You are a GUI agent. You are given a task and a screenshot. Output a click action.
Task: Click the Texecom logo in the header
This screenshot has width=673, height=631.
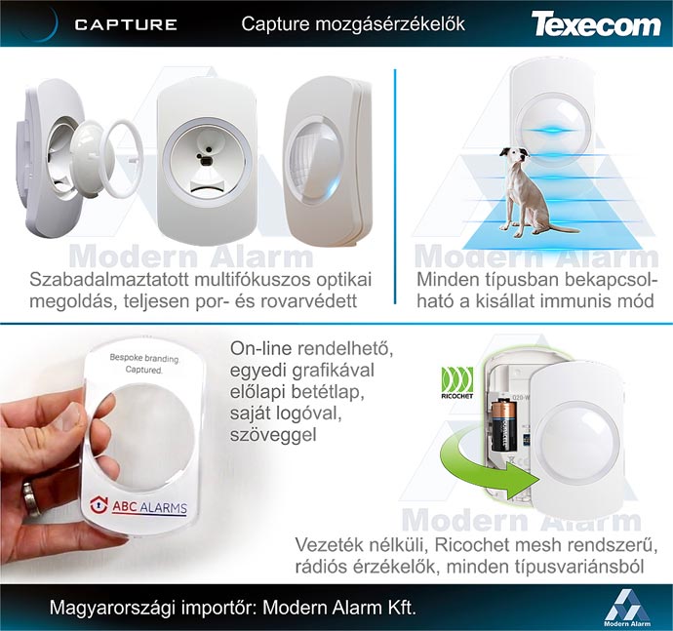click(595, 24)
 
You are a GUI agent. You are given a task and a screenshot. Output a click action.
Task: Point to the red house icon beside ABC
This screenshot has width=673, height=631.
click(99, 504)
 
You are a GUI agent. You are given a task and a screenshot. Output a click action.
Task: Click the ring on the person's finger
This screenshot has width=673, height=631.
click(30, 500)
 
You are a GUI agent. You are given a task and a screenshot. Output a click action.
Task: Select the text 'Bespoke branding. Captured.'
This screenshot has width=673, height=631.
click(137, 364)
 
